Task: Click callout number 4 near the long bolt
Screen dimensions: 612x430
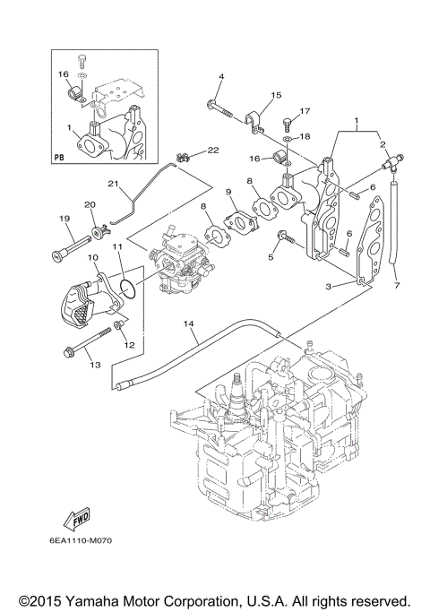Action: tap(220, 76)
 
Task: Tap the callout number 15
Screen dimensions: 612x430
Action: tap(276, 95)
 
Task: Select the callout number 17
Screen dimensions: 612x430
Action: tap(305, 111)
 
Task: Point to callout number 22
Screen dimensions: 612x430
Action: tap(213, 149)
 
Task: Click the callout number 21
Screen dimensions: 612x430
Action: tap(114, 185)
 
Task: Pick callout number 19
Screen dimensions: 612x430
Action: tap(64, 219)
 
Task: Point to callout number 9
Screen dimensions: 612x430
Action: tap(229, 192)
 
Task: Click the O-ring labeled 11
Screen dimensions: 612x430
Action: tap(128, 288)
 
